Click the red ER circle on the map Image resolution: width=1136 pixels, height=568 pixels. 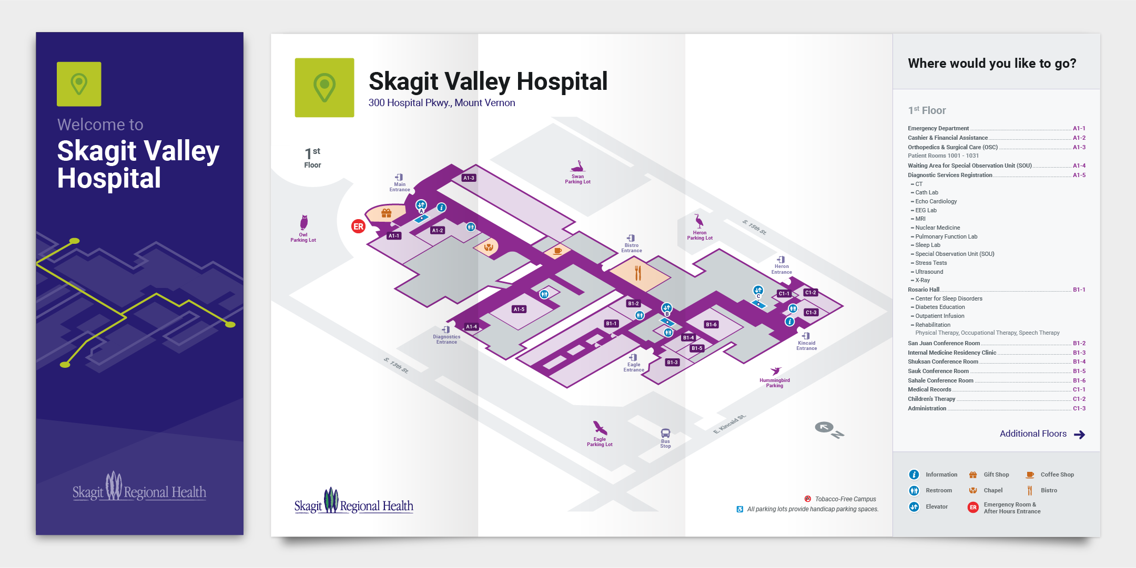click(x=358, y=226)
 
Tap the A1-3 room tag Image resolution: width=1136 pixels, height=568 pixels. click(x=469, y=178)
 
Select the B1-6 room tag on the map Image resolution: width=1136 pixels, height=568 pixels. click(x=711, y=325)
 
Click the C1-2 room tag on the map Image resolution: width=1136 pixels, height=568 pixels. click(x=810, y=293)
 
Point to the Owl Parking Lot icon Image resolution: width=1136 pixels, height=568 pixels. click(x=303, y=222)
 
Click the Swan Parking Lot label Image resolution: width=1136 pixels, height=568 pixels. click(x=577, y=179)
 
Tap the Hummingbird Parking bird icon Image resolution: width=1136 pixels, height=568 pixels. click(x=775, y=371)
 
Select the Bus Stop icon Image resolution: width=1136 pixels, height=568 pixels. click(x=665, y=433)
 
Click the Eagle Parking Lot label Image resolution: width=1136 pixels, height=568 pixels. click(x=600, y=442)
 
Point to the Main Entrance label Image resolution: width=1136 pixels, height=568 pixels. click(x=400, y=187)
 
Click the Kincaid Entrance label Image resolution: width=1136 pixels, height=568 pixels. click(x=806, y=346)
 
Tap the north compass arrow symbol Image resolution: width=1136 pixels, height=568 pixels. click(x=824, y=427)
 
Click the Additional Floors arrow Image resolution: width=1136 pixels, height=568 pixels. click(x=1079, y=435)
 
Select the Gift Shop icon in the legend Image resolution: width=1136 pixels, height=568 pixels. click(x=973, y=475)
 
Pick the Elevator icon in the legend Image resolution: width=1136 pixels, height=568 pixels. click(x=914, y=507)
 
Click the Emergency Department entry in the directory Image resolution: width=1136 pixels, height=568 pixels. click(x=938, y=128)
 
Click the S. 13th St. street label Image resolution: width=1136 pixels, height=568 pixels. click(x=395, y=365)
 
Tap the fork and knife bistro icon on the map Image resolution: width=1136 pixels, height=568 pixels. click(x=638, y=273)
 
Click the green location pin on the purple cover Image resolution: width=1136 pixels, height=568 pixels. click(x=79, y=84)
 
